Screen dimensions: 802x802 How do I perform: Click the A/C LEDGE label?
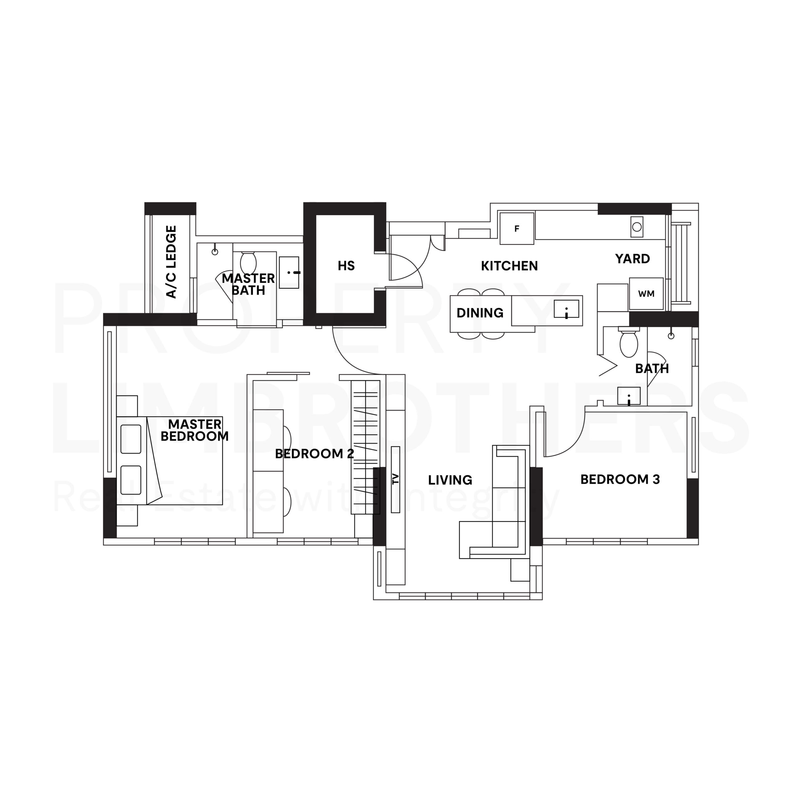171,262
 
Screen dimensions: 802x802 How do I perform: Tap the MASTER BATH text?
248,284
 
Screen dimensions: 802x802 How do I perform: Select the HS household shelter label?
346,266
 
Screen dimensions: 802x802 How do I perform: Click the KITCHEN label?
509,266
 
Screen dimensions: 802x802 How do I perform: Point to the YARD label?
632,259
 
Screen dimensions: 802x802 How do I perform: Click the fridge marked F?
517,229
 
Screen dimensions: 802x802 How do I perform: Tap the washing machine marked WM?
646,294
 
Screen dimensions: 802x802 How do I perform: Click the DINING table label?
480,313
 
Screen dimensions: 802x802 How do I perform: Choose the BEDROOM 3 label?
620,479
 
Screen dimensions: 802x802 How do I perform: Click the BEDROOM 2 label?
314,454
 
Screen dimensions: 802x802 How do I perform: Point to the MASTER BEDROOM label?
194,430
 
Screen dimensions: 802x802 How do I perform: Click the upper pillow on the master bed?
131,438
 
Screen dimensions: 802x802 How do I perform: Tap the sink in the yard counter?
637,227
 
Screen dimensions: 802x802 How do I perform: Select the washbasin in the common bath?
629,396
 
